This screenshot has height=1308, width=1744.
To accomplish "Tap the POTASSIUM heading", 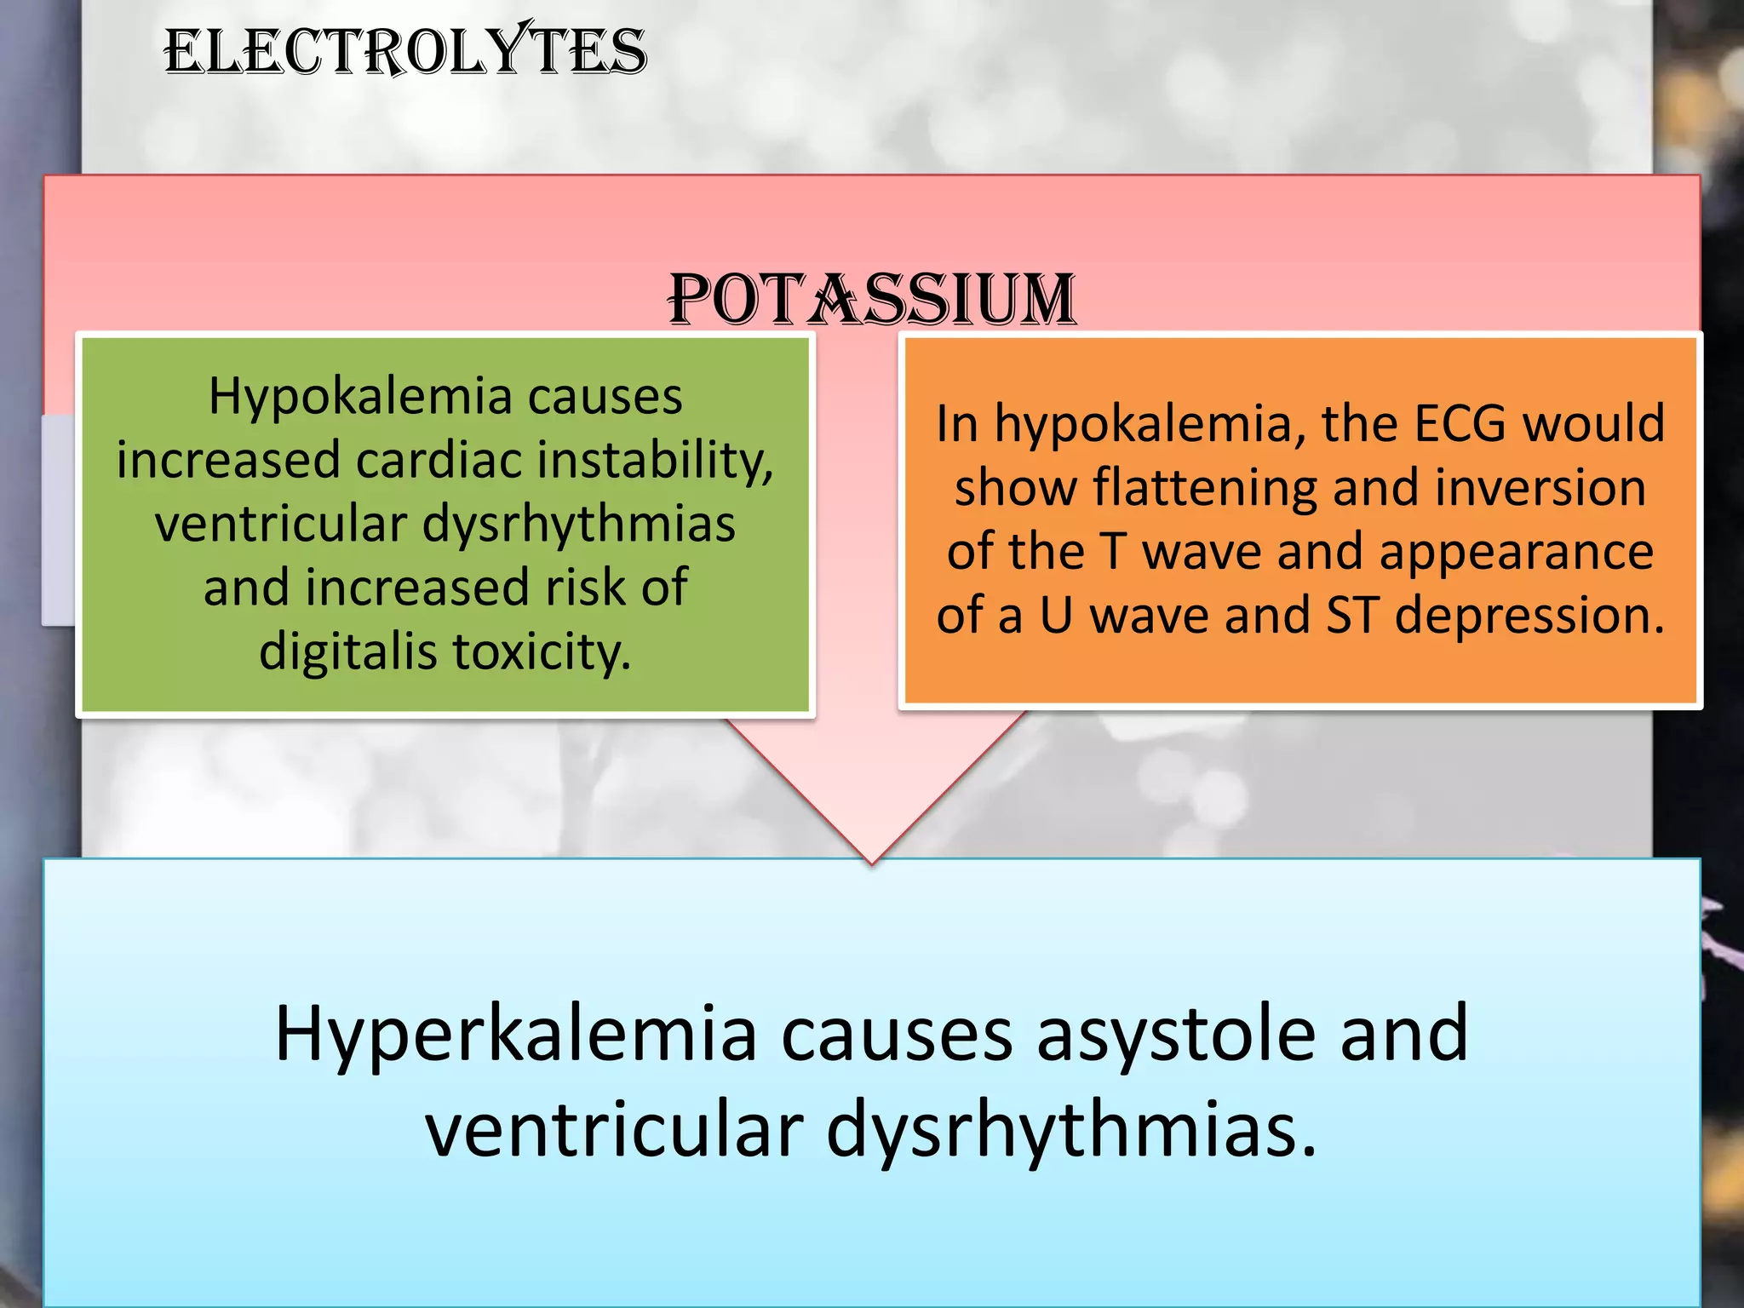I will [x=872, y=299].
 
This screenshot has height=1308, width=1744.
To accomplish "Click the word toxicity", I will [x=542, y=652].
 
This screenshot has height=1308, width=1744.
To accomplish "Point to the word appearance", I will [x=1516, y=552].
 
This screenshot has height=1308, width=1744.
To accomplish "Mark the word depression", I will [x=1529, y=615].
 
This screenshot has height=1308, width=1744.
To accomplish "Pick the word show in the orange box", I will [x=1015, y=488].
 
